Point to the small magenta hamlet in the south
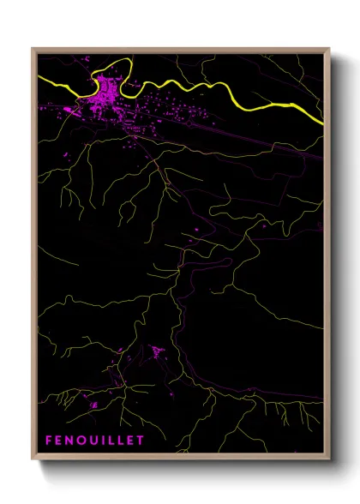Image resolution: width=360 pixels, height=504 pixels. (x=157, y=351)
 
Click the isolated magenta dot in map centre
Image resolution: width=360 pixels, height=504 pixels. (x=196, y=230)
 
